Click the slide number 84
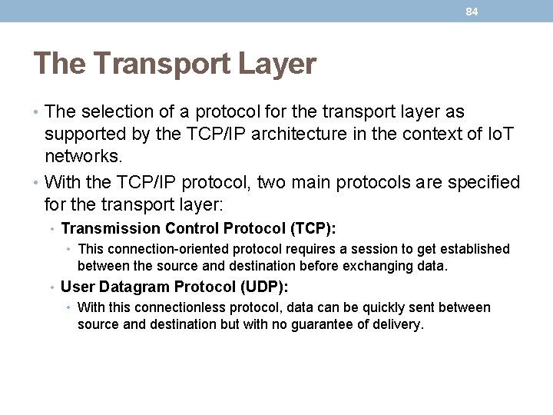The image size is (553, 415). (x=472, y=12)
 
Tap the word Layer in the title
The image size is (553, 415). (x=280, y=64)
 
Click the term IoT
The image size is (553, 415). (x=500, y=134)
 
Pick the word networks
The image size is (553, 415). (x=83, y=157)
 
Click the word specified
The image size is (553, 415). (x=480, y=183)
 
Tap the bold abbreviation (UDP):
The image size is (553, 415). (x=263, y=287)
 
